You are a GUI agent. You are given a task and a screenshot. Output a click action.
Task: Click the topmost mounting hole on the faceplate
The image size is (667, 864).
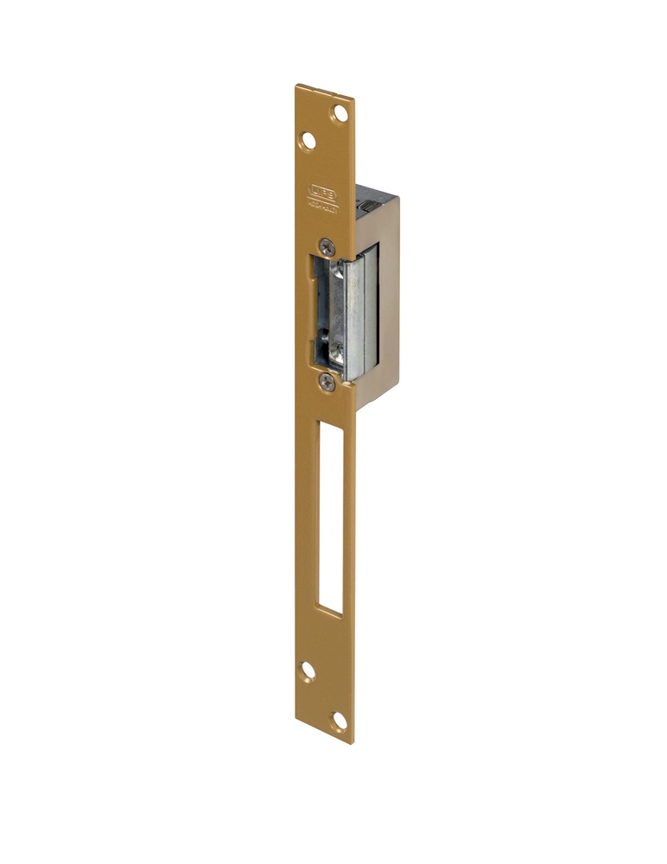[x=340, y=112]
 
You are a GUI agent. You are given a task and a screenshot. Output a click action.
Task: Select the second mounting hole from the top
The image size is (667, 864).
[x=307, y=140]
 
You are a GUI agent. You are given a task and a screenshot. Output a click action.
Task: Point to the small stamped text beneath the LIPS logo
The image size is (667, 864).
[x=324, y=207]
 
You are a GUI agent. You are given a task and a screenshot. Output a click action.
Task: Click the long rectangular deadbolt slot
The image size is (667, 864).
[x=331, y=518]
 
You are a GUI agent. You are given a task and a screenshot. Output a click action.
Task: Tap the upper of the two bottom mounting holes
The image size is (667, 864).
[x=307, y=670]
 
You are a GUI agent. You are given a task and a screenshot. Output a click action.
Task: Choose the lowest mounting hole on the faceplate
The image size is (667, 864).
[x=340, y=719]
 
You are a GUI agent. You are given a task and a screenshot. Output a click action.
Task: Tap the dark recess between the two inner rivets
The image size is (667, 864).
[x=329, y=313]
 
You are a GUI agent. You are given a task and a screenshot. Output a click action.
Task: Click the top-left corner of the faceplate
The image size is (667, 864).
[x=296, y=86]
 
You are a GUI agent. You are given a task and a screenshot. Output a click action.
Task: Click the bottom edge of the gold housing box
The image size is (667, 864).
[x=377, y=406]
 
